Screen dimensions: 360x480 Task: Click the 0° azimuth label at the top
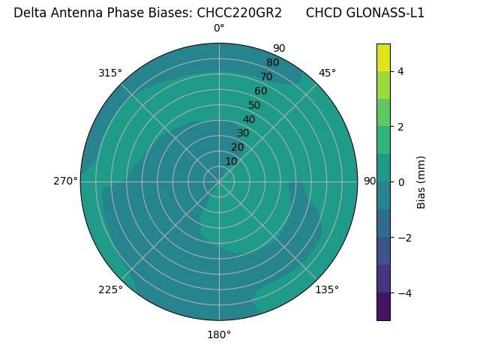[219, 28]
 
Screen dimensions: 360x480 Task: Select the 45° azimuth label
[327, 73]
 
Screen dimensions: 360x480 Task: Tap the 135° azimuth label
[327, 289]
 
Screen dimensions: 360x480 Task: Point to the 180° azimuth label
[219, 334]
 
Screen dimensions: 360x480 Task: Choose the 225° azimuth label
[110, 289]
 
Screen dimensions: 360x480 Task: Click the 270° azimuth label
[65, 181]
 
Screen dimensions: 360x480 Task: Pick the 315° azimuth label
[110, 73]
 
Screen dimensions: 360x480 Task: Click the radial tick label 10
[231, 161]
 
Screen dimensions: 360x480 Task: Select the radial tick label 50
[254, 106]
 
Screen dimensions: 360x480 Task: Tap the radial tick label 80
[272, 62]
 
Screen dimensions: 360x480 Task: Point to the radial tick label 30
[243, 133]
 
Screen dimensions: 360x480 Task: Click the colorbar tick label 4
[400, 71]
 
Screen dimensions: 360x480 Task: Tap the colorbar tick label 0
[400, 182]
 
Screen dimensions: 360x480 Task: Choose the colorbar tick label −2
[403, 238]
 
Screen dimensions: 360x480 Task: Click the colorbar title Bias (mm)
[421, 182]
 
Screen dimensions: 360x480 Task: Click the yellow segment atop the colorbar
[383, 58]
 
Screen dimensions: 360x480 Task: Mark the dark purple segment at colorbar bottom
[383, 307]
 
